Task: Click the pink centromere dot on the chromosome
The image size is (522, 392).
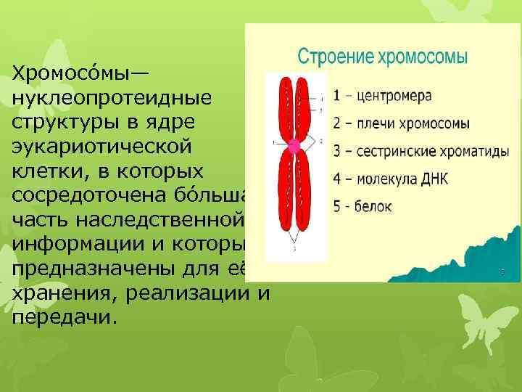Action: pos(294,146)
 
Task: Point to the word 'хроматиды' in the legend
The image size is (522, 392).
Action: pos(461,151)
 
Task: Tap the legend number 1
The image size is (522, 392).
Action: pos(337,96)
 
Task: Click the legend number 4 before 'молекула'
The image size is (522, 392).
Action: pos(338,179)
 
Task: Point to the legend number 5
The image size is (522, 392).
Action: pos(338,206)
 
